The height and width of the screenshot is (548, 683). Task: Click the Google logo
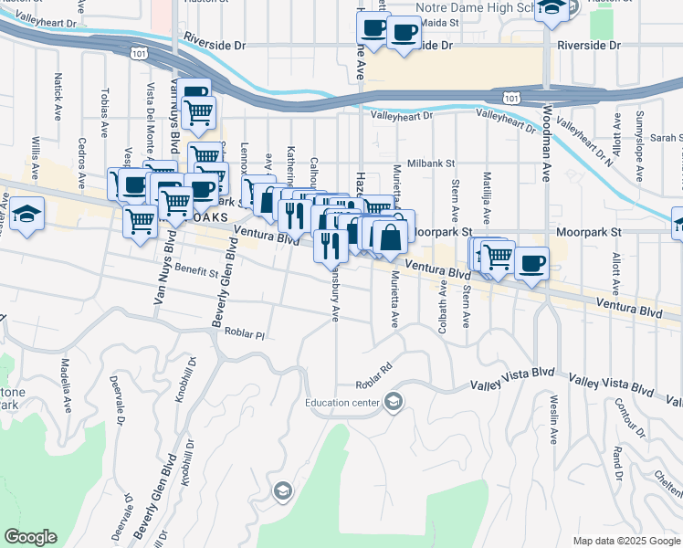coord(30,537)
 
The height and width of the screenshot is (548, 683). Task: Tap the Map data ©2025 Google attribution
coord(625,541)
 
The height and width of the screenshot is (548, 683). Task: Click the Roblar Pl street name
coord(244,334)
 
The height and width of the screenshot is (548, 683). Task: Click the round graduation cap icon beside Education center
coord(394,402)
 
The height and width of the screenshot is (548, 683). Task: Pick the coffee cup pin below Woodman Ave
coord(531,264)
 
